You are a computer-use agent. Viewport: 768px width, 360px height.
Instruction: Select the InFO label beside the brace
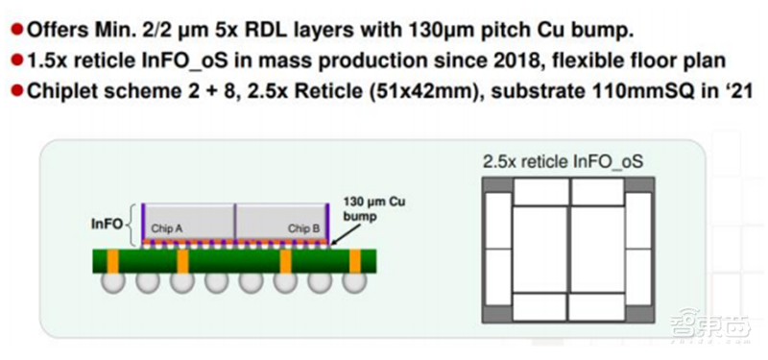(x=107, y=224)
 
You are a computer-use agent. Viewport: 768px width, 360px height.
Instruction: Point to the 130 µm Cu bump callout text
(x=376, y=208)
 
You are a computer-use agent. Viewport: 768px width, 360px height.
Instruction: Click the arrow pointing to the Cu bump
(x=348, y=233)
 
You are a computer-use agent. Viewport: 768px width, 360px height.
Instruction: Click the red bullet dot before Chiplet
(x=17, y=91)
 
